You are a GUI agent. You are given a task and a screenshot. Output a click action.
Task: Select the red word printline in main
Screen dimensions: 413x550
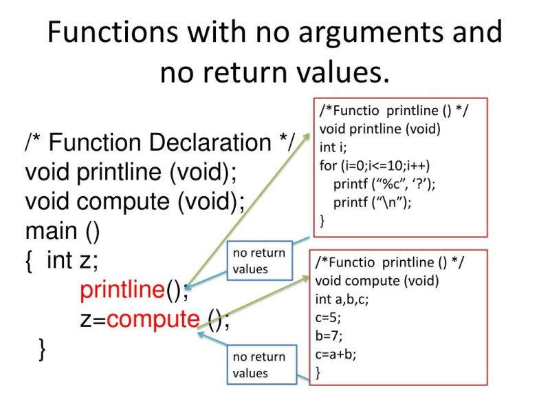click(x=122, y=290)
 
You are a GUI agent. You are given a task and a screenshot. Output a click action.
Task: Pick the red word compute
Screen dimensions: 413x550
click(x=153, y=319)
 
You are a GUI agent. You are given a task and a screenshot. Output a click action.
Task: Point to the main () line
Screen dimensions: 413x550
click(x=63, y=231)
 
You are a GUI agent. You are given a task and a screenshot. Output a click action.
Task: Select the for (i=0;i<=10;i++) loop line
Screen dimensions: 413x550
click(x=379, y=166)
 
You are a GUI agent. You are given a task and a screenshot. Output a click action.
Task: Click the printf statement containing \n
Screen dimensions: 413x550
click(x=372, y=202)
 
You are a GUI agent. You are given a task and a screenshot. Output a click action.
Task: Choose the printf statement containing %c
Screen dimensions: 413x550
click(x=385, y=184)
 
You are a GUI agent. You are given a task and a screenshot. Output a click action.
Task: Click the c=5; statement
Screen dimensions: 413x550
click(x=328, y=318)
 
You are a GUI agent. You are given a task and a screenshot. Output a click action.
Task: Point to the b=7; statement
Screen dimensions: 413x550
click(x=328, y=337)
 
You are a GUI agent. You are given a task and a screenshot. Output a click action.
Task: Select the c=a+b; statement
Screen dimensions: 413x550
click(x=335, y=355)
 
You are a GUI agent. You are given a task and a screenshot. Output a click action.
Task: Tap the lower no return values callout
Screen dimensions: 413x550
click(x=258, y=365)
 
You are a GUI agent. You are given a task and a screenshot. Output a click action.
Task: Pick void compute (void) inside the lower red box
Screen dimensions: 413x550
click(x=376, y=281)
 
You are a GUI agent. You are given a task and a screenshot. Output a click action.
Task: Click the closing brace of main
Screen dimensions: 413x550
click(x=43, y=349)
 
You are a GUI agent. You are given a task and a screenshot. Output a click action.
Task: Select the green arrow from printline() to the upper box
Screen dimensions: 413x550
click(x=247, y=206)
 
